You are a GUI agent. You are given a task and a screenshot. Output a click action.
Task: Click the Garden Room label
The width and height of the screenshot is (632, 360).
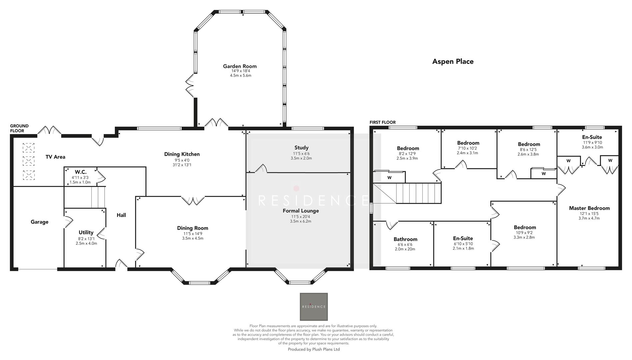[x=240, y=66]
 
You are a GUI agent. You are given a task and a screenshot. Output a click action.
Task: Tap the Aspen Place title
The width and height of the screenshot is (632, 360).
[x=453, y=61]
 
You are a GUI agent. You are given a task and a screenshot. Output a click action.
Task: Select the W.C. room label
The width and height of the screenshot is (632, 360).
[x=80, y=172]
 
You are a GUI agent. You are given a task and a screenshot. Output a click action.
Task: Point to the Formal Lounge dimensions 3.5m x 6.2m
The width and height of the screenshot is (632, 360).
[x=301, y=221]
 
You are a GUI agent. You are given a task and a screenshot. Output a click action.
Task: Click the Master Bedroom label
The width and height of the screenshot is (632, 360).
[x=589, y=208]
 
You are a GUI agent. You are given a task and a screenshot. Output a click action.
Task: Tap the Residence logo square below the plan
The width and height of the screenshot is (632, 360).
[x=314, y=307]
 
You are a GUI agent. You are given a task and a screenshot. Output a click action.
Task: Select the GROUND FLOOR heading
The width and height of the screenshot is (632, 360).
[x=19, y=128]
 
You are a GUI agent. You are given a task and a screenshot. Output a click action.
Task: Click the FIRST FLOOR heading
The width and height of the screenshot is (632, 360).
[x=382, y=122]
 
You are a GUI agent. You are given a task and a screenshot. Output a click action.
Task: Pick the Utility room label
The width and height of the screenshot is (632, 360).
[x=86, y=232]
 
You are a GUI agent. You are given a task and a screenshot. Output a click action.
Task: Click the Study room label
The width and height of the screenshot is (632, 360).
[x=301, y=147]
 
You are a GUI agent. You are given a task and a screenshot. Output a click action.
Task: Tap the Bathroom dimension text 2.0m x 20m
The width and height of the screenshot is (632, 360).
[x=405, y=249]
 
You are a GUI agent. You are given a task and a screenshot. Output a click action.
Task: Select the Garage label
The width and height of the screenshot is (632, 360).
[x=39, y=222]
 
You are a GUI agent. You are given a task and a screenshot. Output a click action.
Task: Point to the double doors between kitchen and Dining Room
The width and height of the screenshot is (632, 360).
[x=193, y=200]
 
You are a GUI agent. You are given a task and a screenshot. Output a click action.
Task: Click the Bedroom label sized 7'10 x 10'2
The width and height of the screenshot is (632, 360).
[x=468, y=143]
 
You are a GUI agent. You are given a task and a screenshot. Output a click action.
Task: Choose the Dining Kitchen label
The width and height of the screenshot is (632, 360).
[x=182, y=154]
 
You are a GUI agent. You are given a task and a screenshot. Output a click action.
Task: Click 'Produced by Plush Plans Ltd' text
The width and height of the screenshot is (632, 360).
[x=314, y=349]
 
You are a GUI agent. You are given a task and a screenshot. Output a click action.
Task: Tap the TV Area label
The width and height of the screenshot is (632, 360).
[x=55, y=157]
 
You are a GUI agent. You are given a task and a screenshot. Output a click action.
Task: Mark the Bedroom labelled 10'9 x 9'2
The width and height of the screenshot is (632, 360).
[x=525, y=227]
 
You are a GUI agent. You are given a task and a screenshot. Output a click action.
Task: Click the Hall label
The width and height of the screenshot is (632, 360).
[x=121, y=215]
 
